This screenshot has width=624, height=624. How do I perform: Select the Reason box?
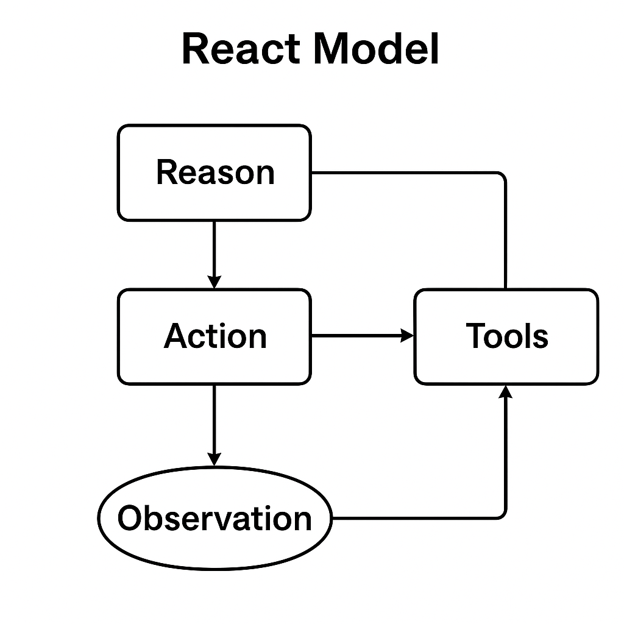pyautogui.click(x=214, y=172)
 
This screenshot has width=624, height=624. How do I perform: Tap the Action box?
pyautogui.click(x=214, y=336)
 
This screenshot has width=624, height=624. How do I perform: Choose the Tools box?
pyautogui.click(x=506, y=336)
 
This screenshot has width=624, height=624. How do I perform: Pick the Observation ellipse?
pyautogui.click(x=214, y=519)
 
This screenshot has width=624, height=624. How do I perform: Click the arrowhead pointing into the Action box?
pyautogui.click(x=214, y=282)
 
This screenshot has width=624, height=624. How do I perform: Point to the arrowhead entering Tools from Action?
pyautogui.click(x=407, y=335)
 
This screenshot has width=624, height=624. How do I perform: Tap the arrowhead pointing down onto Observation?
pyautogui.click(x=214, y=458)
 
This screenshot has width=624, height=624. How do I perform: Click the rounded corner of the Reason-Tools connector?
pyautogui.click(x=502, y=176)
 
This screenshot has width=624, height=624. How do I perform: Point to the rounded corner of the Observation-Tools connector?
pyautogui.click(x=502, y=515)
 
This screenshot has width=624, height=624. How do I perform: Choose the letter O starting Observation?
pyautogui.click(x=131, y=519)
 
